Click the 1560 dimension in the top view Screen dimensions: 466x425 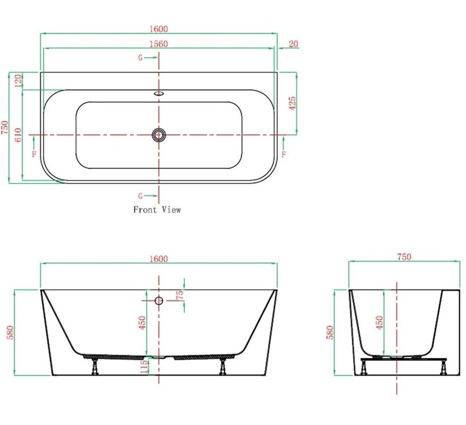click(158, 44)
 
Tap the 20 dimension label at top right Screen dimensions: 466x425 click(293, 44)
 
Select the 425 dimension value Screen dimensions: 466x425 click(293, 103)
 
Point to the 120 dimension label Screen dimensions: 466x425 click(18, 81)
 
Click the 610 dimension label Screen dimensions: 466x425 click(18, 135)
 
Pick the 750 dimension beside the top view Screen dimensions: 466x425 click(5, 127)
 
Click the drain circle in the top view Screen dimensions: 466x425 click(159, 135)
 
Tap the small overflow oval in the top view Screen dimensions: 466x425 click(159, 93)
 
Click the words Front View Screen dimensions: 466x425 click(157, 210)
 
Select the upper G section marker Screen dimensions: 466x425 click(140, 58)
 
